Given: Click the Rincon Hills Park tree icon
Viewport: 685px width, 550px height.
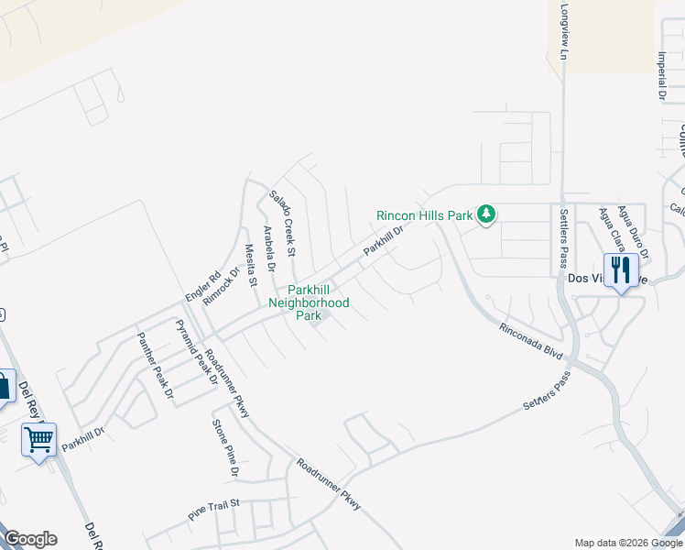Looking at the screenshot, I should click(486, 215).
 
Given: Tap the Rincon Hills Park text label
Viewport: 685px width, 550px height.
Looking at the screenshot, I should click(424, 216).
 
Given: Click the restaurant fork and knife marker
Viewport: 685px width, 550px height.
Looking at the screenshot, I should click(621, 269).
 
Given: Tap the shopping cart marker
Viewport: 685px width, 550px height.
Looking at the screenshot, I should click(38, 441).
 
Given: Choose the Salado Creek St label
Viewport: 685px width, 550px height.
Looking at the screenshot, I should click(282, 224).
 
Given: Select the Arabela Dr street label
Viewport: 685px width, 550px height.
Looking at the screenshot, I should click(269, 250).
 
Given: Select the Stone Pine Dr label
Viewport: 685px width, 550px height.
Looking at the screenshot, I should click(225, 448).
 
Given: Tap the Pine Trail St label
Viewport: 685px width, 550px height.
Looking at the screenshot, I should click(213, 510).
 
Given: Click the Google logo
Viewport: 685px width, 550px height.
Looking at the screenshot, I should click(30, 539).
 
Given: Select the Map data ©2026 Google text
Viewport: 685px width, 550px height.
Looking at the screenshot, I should click(628, 543).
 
